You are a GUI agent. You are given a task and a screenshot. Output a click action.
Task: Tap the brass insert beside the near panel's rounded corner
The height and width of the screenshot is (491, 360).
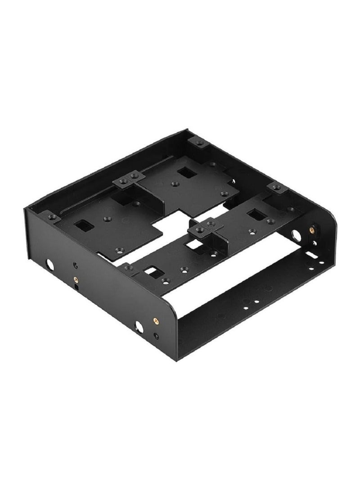point(156,320)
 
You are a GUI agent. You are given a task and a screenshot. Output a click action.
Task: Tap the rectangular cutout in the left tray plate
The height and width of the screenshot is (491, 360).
point(84,224)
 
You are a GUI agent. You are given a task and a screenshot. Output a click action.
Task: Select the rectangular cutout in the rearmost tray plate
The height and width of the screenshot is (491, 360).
point(183,172)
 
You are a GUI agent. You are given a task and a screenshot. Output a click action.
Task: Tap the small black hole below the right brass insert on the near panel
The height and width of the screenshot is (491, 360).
point(156,335)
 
